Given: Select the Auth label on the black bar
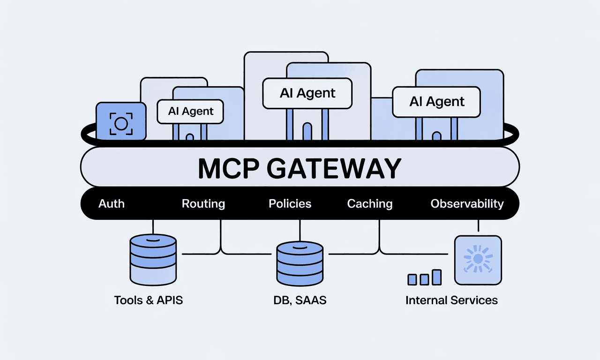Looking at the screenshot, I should point(112,204).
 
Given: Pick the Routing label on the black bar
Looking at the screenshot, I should point(203,204).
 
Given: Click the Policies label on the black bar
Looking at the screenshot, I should point(290,204).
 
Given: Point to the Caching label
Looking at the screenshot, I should point(370,204).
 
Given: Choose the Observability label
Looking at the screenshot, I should point(467,204).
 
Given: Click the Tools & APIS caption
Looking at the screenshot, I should point(149,300).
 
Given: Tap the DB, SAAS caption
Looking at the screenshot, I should point(300,300).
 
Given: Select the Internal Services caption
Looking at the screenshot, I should point(451,300).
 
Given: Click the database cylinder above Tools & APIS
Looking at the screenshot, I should point(153,260).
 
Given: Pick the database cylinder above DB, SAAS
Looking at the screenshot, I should point(300,264).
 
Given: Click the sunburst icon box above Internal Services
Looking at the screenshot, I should point(478,261).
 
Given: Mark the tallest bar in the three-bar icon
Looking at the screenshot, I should point(437,277).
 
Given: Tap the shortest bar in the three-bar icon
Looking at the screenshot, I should point(412,280).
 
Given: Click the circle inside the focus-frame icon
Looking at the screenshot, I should point(121,123).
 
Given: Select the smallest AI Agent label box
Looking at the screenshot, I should point(190,112).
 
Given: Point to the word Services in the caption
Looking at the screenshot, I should point(475,300).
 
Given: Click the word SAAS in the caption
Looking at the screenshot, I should point(311,300).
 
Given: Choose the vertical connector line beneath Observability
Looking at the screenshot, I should point(478,225).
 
